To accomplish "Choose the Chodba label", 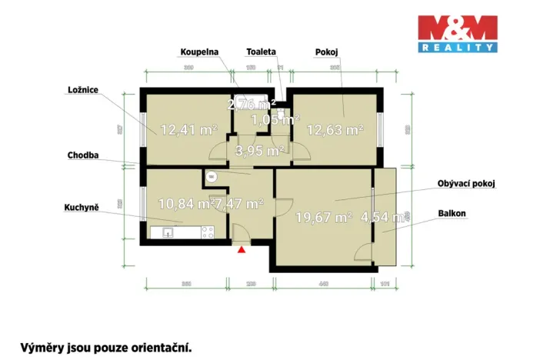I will pos(83,155).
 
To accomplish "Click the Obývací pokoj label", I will pos(466,184).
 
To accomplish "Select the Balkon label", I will pos(455,213).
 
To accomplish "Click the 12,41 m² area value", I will pos(188,130).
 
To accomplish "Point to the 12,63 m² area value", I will pos(335,130).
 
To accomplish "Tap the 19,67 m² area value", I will pos(323,217).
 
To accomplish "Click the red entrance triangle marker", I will pos(242,248).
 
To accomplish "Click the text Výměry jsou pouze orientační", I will pos(105,347).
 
